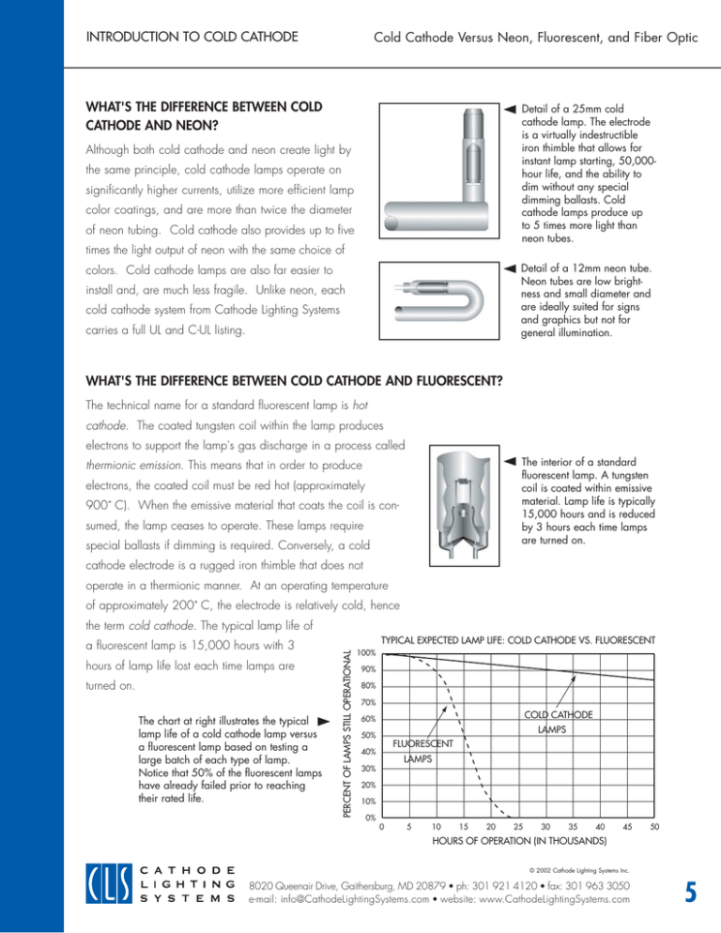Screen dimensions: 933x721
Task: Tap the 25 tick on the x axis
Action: click(518, 827)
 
